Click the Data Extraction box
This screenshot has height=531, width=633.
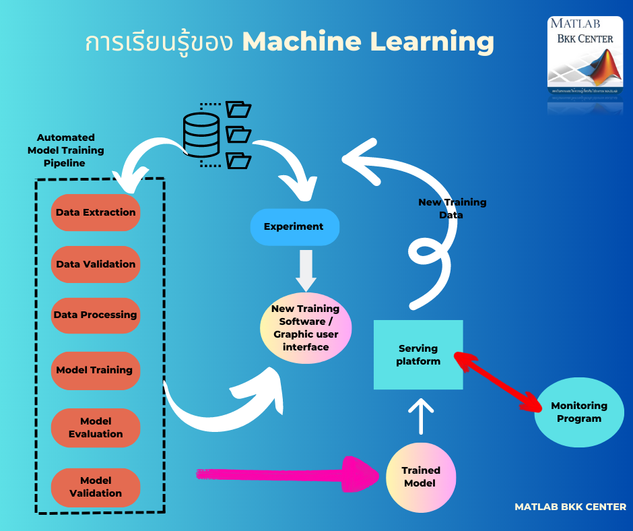(96, 213)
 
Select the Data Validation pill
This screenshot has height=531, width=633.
(96, 265)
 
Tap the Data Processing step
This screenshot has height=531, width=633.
(96, 315)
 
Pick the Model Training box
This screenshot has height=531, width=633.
(95, 371)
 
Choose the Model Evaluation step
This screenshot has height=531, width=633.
(96, 428)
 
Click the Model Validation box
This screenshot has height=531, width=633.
(96, 487)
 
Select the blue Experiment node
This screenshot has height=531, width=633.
(294, 227)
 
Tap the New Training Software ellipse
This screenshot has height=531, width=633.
(306, 328)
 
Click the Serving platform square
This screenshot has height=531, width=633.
(418, 355)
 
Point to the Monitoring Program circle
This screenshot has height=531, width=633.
(578, 412)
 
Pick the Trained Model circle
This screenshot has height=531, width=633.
(421, 477)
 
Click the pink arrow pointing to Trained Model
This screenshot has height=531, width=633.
(290, 475)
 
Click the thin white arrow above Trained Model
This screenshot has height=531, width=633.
(422, 416)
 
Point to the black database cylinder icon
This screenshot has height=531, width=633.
(201, 135)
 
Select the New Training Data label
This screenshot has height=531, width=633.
(452, 208)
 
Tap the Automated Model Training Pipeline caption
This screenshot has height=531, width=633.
(66, 150)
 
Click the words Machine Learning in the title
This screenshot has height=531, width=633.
(368, 42)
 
